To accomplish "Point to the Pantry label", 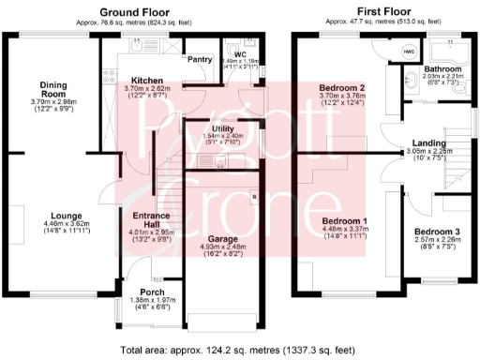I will point(201,59).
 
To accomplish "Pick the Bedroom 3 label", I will point(438,231).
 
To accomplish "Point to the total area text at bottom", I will point(239,350).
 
